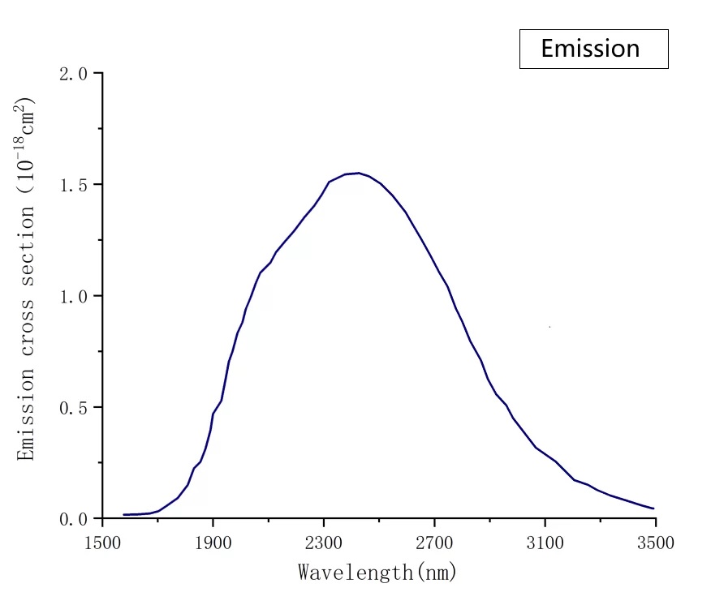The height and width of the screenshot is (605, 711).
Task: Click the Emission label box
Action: pos(593,49)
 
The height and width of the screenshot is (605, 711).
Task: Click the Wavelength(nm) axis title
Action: pos(377,573)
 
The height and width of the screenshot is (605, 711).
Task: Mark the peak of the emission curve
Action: pos(358,173)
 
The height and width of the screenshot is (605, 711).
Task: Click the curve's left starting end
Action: pos(124,514)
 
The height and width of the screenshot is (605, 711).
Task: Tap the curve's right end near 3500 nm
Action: pos(653,508)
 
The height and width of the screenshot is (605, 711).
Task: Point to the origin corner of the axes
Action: pos(102,518)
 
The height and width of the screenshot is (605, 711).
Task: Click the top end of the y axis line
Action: pos(102,73)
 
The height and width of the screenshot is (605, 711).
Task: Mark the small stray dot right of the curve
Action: pos(550,327)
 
